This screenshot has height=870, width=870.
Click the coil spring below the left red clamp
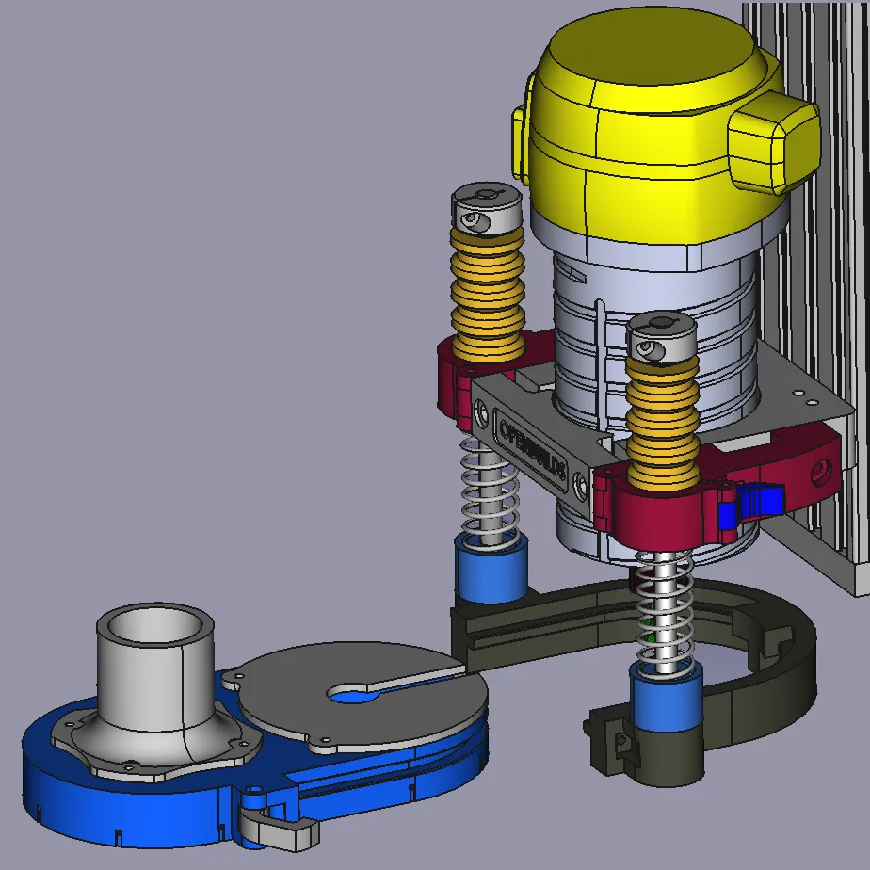tap(489, 490)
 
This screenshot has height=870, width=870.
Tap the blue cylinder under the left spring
tap(490, 571)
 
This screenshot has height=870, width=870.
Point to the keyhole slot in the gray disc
tap(362, 693)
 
